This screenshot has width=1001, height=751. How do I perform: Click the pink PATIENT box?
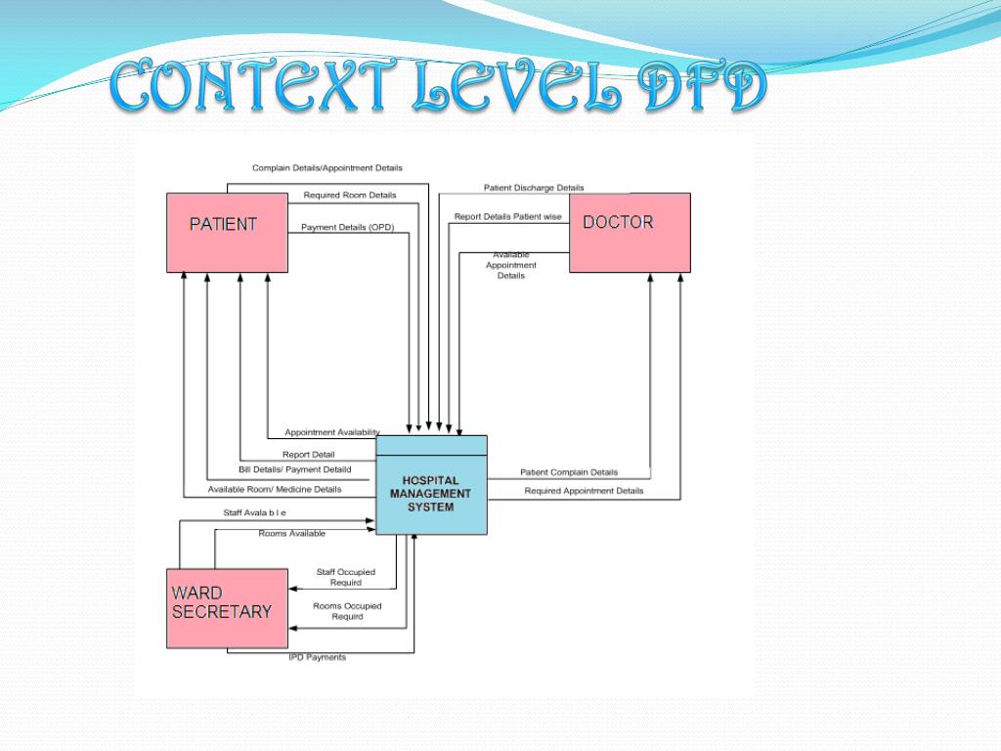227,233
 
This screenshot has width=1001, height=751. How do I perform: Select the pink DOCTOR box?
630,233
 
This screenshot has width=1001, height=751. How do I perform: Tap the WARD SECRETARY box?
227,608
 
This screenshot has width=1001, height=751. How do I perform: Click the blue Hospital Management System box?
431,485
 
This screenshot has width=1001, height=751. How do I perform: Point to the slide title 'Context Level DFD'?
438,88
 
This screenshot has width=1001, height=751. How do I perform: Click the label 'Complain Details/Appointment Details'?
327,168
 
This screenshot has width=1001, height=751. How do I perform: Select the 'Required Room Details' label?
350,196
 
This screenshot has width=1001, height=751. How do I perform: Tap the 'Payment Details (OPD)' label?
347,228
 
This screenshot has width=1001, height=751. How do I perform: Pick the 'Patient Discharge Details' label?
534,188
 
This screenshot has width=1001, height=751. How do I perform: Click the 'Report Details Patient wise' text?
507,217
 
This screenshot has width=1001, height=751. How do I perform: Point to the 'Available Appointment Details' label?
511,265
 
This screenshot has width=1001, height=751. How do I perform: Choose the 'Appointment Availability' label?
332,432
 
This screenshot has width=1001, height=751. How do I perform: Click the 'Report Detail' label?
308,455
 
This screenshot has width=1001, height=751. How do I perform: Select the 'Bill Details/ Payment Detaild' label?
294,470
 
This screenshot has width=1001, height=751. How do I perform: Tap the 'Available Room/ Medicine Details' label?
275,489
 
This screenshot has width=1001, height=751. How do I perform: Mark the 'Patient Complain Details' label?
569,472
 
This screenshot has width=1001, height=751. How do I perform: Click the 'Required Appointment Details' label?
584,491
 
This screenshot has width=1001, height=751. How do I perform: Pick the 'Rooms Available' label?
292,533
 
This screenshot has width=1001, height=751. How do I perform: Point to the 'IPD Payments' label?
317,657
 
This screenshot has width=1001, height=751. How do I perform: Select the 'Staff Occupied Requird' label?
346,577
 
